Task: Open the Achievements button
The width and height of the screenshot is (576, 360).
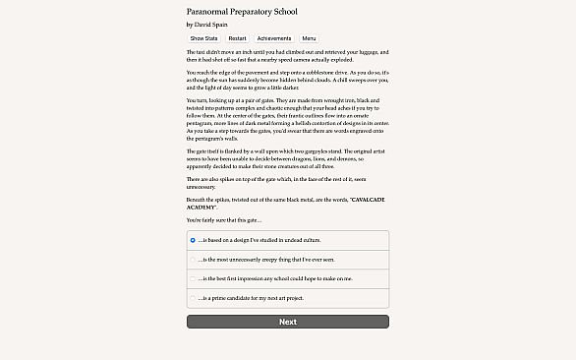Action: tap(273, 37)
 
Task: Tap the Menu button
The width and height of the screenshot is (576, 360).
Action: tap(309, 37)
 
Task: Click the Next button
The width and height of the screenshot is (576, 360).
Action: tap(287, 322)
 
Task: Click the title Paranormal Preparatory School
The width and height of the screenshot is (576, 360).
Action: tap(241, 11)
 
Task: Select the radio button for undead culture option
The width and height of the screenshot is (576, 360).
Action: tap(193, 239)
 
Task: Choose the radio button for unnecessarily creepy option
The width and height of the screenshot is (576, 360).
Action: tap(193, 259)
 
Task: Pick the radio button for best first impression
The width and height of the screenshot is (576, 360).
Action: tap(193, 278)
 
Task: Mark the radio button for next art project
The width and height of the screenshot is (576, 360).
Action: tap(193, 297)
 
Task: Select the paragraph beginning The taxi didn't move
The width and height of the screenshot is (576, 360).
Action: tap(287, 55)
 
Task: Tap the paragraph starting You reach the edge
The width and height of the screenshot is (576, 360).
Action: tap(287, 82)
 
